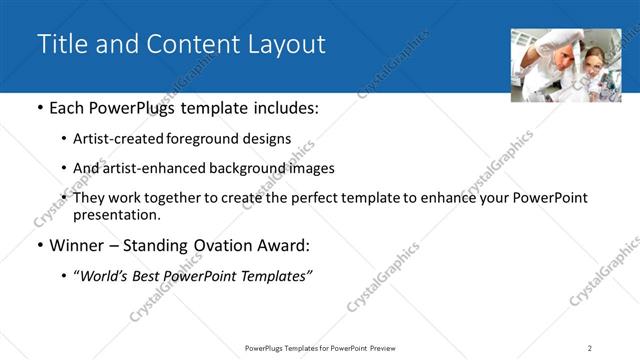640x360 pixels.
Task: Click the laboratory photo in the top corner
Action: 565,65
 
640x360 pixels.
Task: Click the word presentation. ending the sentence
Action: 116,214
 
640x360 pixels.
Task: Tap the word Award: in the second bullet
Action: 285,245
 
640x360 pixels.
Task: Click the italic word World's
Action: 104,275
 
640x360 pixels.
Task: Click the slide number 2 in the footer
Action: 589,347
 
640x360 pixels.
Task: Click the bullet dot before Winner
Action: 39,246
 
